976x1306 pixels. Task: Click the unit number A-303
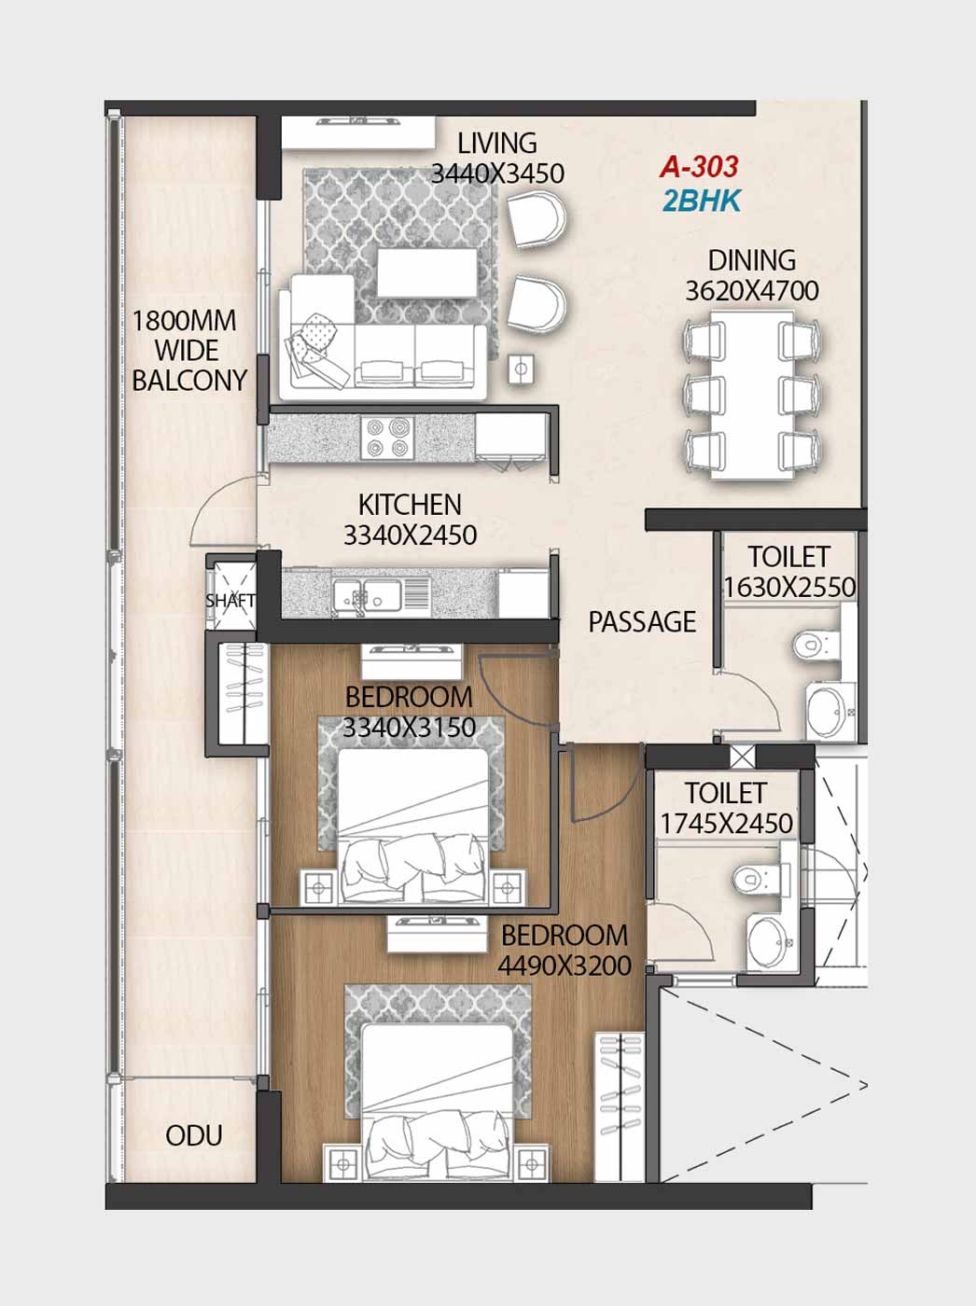[699, 167]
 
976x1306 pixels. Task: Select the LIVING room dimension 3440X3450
[497, 174]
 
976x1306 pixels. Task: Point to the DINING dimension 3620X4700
[752, 291]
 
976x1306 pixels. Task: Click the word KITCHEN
[410, 506]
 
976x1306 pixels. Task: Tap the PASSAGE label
[642, 622]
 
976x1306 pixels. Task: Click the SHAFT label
[230, 601]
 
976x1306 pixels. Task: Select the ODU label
[194, 1136]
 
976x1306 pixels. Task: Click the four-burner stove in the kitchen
[388, 438]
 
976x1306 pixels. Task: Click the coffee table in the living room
[428, 272]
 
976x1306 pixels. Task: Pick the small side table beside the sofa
[522, 368]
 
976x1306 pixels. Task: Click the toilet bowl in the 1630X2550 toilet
[816, 645]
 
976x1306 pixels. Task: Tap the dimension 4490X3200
[565, 966]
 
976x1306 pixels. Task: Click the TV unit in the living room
[357, 132]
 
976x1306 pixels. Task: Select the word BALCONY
[189, 381]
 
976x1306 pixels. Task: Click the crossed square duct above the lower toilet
[743, 757]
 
